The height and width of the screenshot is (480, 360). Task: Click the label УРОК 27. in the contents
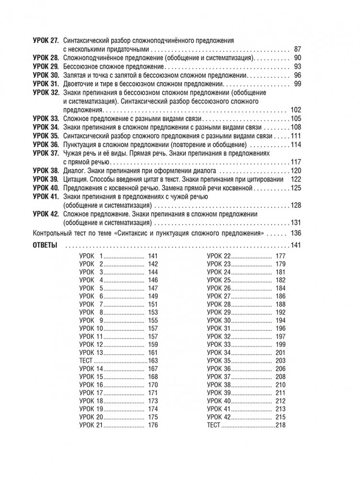click(x=46, y=41)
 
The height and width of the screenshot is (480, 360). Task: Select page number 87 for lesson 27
click(x=297, y=49)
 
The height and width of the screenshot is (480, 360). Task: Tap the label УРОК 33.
click(x=46, y=118)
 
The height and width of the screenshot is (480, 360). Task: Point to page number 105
click(x=295, y=118)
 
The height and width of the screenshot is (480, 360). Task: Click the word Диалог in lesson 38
click(x=73, y=170)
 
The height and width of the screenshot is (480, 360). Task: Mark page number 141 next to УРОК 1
click(x=153, y=256)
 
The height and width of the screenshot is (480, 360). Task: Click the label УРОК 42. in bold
click(x=46, y=213)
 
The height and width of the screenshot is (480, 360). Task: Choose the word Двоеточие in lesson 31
click(x=78, y=84)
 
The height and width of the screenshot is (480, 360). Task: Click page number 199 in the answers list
click(x=280, y=344)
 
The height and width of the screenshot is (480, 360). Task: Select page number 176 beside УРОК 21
click(x=153, y=425)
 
